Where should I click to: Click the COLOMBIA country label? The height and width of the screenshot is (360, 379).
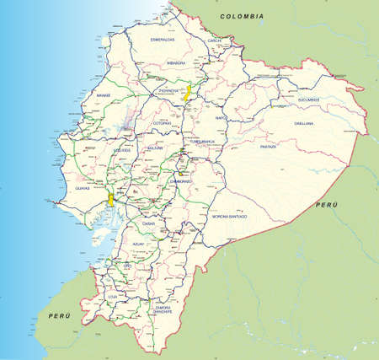(x=241, y=16)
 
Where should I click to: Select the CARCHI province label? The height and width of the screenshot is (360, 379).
(x=215, y=40)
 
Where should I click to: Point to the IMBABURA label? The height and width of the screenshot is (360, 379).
(x=174, y=62)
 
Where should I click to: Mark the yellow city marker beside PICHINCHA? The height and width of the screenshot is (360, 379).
(x=189, y=91)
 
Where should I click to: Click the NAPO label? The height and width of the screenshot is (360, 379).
(x=222, y=119)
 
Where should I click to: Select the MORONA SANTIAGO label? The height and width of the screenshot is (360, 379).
(x=229, y=217)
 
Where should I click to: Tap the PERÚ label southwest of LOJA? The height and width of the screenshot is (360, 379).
(x=57, y=314)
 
